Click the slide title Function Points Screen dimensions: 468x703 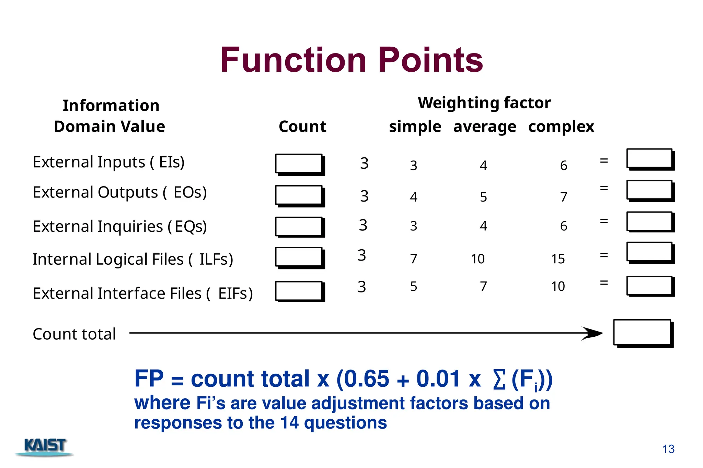coord(351,60)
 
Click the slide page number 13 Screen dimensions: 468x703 coord(668,449)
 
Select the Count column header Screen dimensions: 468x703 coord(302,127)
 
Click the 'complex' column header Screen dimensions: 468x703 coord(561,127)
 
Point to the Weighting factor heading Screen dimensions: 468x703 coord(484,103)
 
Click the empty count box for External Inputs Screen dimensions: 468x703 coord(299,164)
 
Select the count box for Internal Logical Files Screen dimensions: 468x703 coord(299,257)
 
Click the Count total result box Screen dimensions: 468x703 coord(642,333)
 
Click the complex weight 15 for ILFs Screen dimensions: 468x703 coord(558,259)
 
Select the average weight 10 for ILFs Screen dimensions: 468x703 coord(477,259)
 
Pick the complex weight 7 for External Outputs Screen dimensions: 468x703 coord(563,197)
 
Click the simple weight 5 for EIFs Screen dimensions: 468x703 coord(414,286)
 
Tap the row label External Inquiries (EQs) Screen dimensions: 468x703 coord(120,226)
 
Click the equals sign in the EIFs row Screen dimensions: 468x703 coord(604,283)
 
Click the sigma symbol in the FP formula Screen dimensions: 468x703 coord(499,380)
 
